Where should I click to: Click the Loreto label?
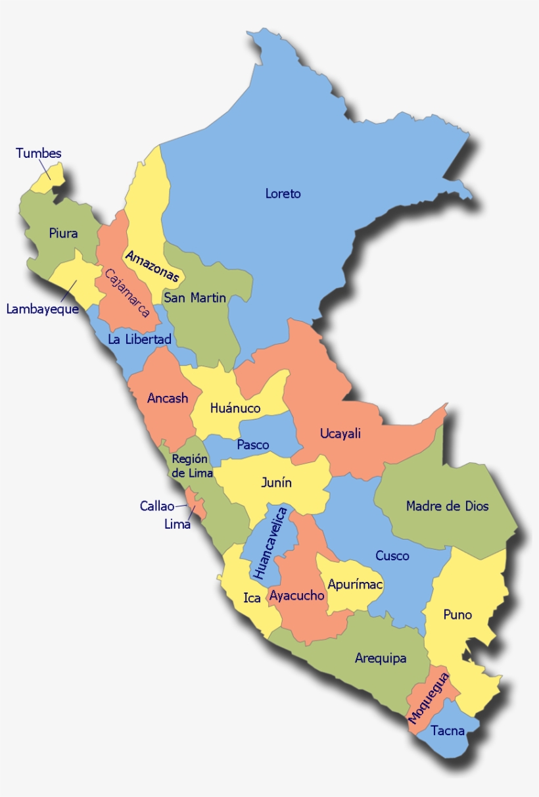click(283, 193)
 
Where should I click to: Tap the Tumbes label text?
click(39, 153)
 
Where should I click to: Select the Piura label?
click(63, 233)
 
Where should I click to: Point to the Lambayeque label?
click(42, 308)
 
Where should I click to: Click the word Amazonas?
click(152, 266)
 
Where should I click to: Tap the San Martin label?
click(195, 298)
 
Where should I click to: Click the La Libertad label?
click(139, 339)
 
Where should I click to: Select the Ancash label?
click(168, 398)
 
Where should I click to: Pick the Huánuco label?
click(235, 408)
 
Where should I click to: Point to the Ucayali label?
click(340, 433)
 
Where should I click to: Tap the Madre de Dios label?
click(447, 506)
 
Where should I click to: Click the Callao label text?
click(157, 506)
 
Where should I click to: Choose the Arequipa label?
click(381, 658)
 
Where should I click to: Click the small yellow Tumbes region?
click(53, 176)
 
